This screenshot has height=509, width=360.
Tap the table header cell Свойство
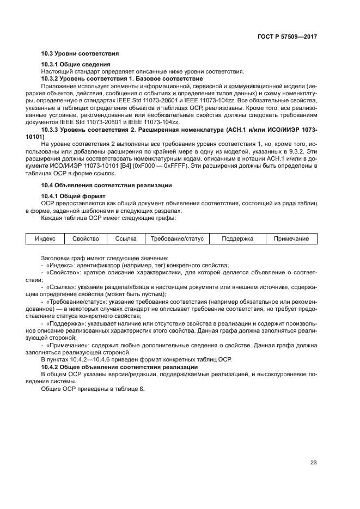(x=85, y=239)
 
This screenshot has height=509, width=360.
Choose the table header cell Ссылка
(x=126, y=239)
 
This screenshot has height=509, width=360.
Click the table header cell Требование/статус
(x=176, y=239)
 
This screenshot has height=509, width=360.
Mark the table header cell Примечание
(x=291, y=239)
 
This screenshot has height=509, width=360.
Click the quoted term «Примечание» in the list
(x=68, y=345)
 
